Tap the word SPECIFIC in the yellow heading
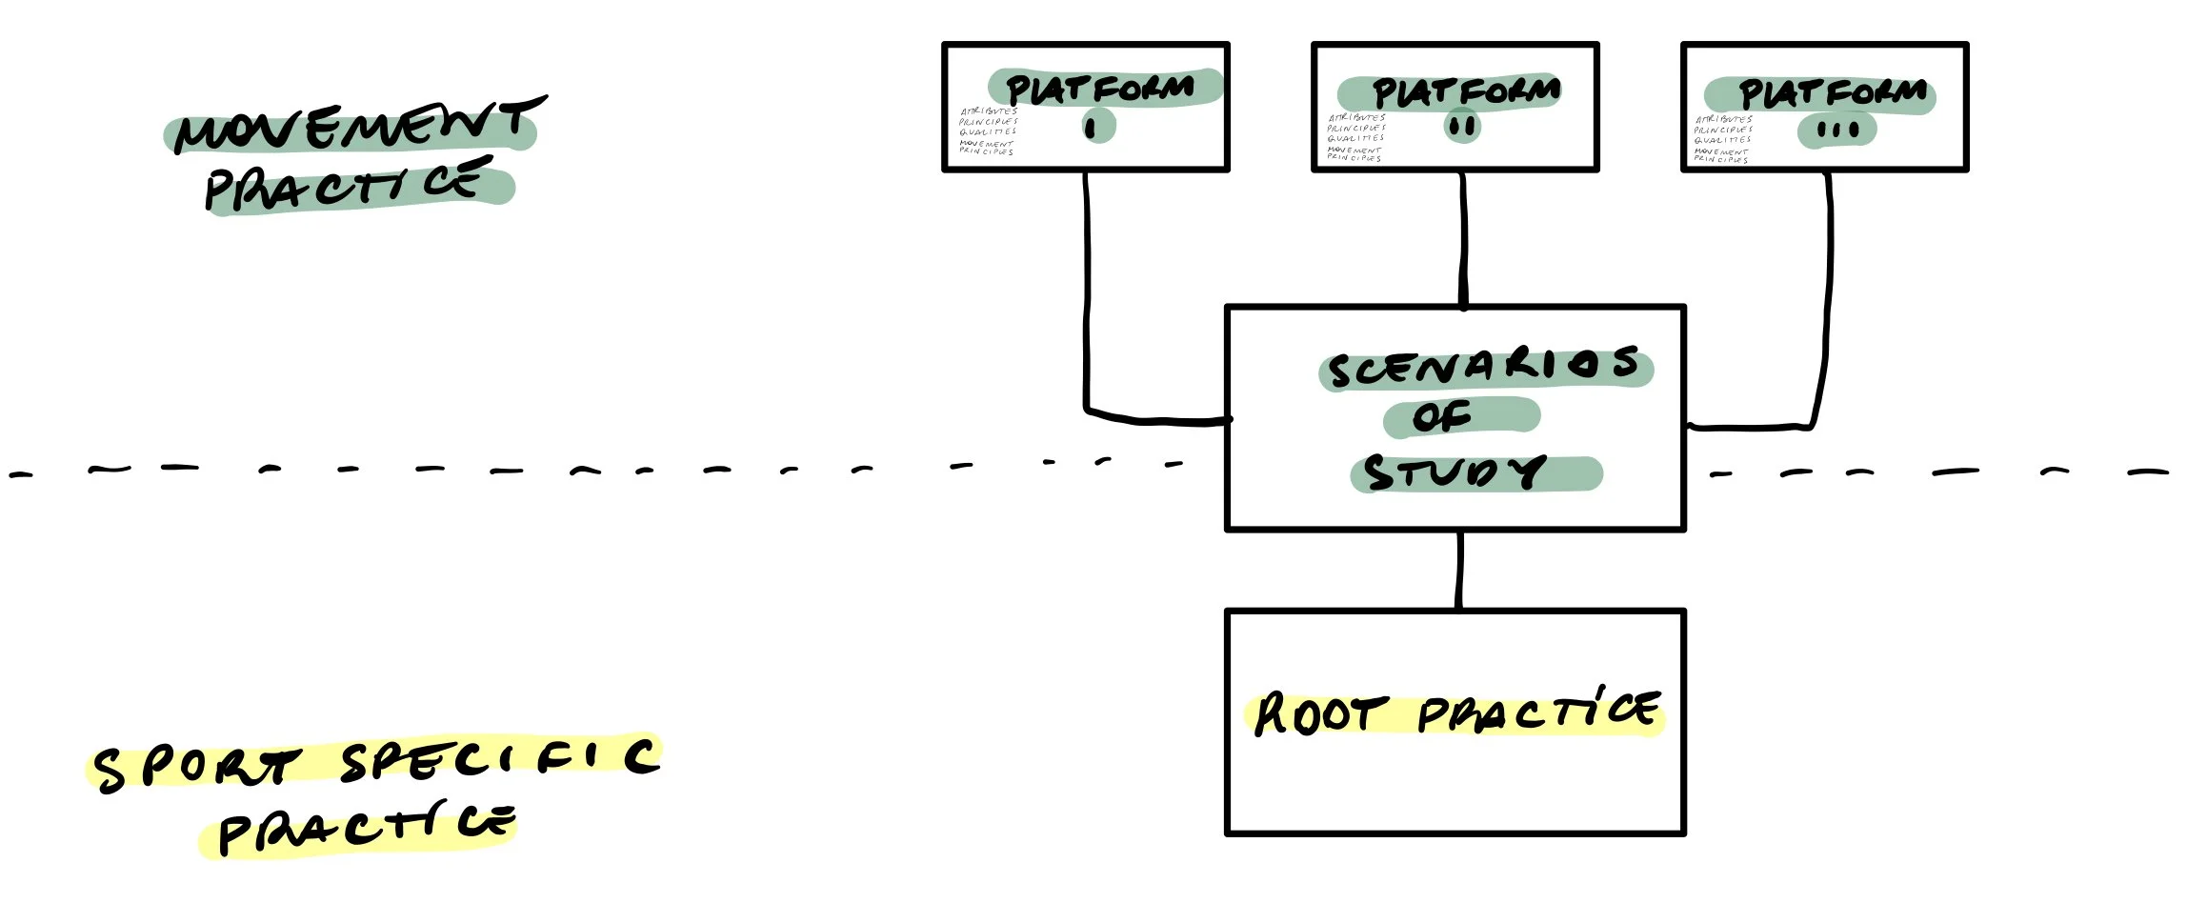[500, 760]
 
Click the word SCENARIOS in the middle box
[1484, 368]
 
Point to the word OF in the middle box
[1442, 416]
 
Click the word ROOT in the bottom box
[1314, 714]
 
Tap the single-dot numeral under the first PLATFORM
[1092, 127]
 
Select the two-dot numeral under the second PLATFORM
[1462, 127]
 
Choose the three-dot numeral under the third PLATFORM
[1837, 130]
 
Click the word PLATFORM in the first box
[1100, 90]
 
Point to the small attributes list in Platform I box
[988, 131]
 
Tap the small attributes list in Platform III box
[1722, 139]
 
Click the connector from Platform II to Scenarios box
[1463, 238]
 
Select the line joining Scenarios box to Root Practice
[1458, 570]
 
